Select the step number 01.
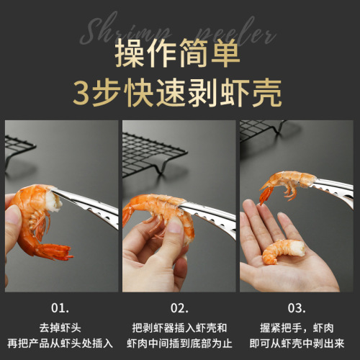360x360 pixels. click(61, 308)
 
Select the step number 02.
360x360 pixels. click(179, 308)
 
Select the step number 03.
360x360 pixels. click(297, 308)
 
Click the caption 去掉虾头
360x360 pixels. click(61, 326)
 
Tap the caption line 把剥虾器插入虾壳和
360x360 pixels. click(179, 326)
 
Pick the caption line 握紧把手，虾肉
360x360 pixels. click(297, 326)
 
